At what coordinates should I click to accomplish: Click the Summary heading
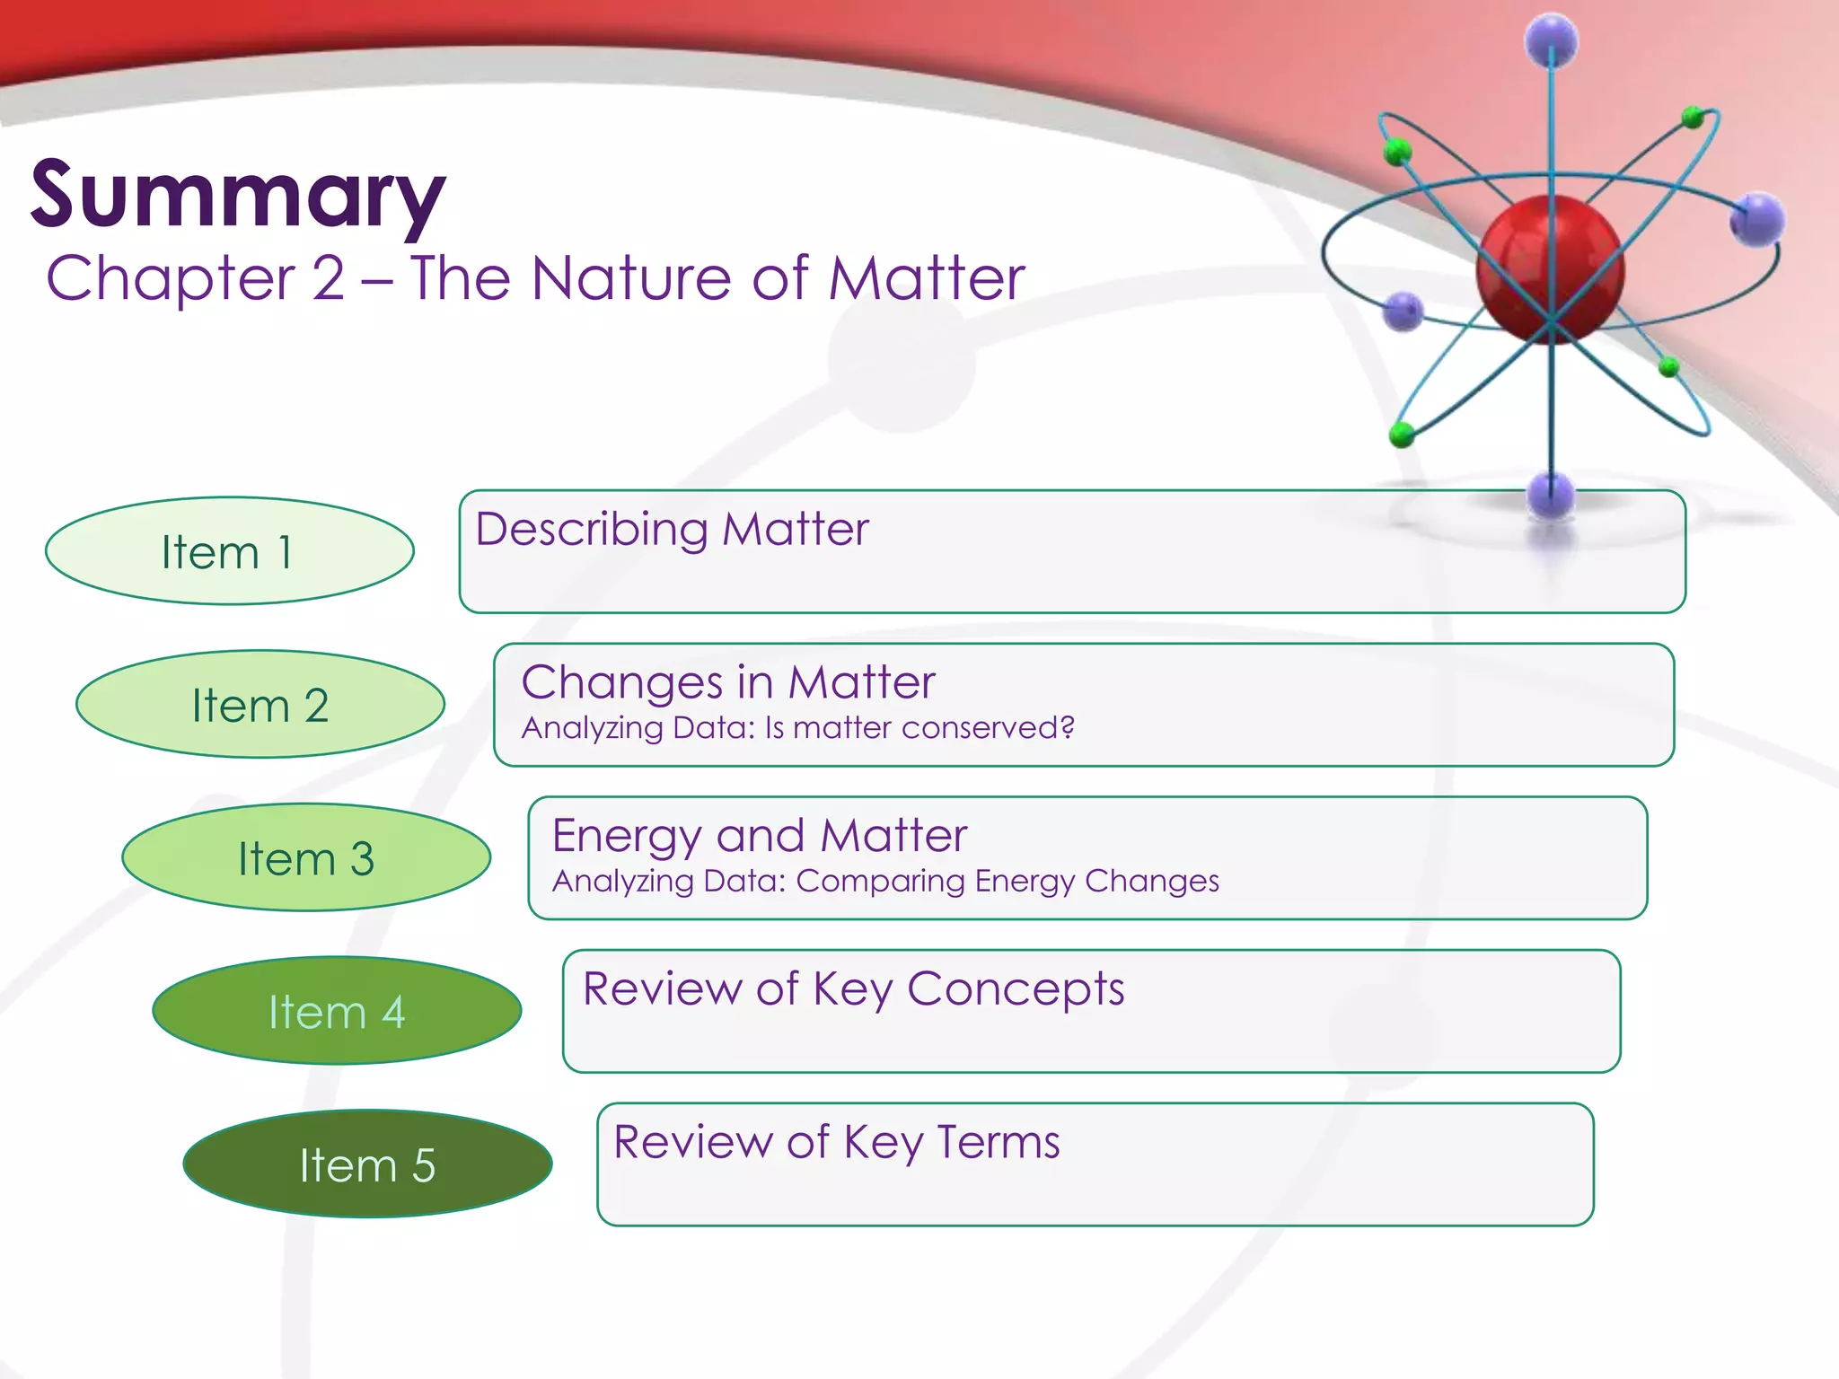238,194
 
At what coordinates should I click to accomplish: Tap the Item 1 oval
229,551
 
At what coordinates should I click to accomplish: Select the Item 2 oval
260,705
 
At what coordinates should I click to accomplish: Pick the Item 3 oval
306,858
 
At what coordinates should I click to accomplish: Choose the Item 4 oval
337,1012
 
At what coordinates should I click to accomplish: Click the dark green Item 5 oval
367,1165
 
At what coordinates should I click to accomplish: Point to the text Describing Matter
672,529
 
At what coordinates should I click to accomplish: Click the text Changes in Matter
728,682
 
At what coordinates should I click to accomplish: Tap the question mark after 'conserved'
1067,727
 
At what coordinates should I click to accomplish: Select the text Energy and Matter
760,836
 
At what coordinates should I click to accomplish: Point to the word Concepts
1015,989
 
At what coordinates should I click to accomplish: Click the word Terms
998,1143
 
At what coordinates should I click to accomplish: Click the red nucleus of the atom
1550,267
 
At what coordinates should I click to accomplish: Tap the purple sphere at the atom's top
1551,40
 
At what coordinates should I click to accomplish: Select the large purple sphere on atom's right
1756,218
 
